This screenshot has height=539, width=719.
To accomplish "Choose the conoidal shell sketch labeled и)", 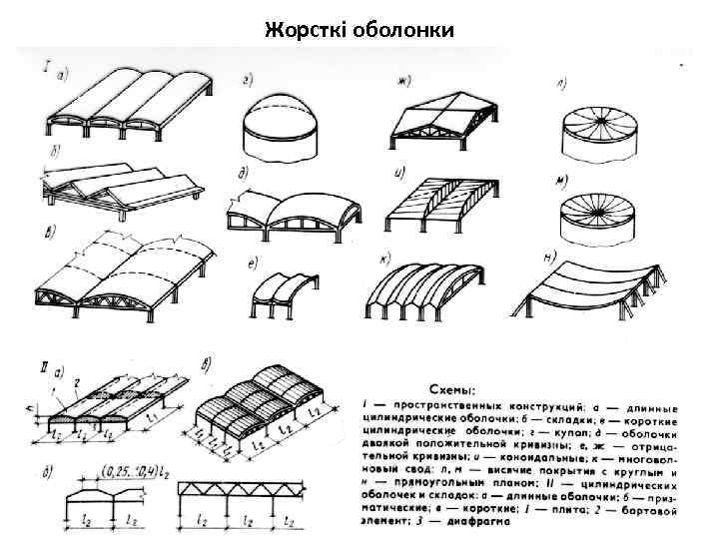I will click(439, 205).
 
